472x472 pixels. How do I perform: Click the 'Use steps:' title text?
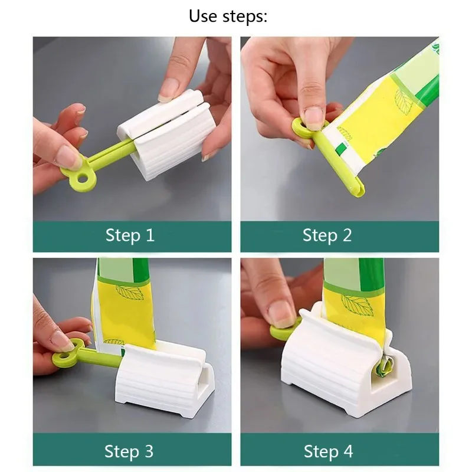click(228, 16)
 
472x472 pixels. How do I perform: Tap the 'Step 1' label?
click(130, 235)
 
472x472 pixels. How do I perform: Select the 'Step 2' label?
click(327, 235)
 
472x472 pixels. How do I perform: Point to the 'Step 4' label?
click(328, 452)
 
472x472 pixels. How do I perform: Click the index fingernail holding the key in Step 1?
click(68, 156)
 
